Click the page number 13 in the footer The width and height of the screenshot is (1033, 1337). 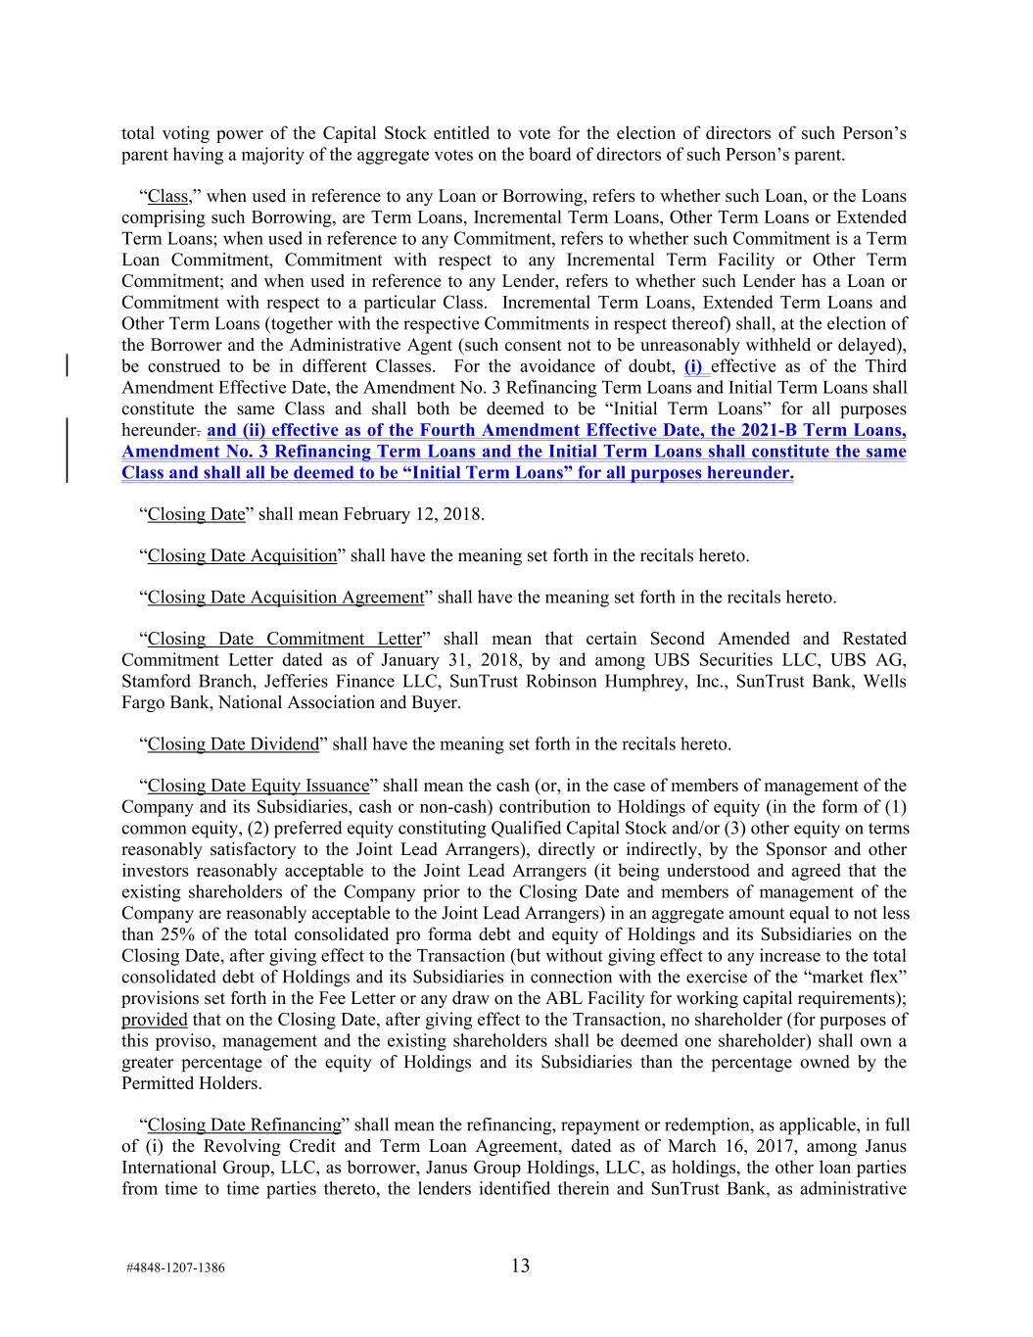[520, 1265]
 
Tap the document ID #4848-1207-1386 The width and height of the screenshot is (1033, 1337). [175, 1268]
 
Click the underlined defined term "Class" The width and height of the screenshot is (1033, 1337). [167, 196]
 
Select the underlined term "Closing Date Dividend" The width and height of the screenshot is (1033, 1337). [233, 744]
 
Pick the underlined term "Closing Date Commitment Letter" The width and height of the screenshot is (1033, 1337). [284, 639]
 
